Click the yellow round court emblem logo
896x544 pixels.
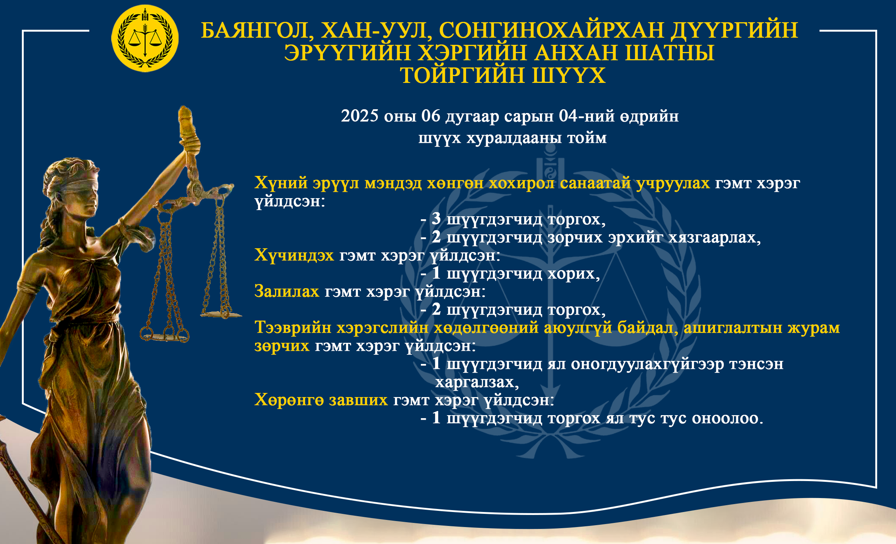point(145,38)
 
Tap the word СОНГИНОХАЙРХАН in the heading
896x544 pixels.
point(551,30)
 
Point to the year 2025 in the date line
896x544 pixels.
point(359,116)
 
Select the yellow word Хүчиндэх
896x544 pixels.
point(294,255)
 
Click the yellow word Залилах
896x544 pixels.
point(287,291)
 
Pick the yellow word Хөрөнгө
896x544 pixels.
point(289,400)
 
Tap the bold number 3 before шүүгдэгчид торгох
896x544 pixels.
point(436,219)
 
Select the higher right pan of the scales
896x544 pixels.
point(221,314)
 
